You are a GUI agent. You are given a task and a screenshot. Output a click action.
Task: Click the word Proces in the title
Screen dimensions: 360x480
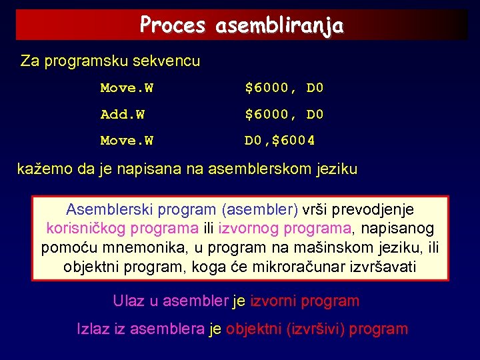(173, 25)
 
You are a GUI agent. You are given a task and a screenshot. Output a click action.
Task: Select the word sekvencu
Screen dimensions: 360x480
(167, 61)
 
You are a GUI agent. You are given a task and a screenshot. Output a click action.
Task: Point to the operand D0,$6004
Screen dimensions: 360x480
(280, 141)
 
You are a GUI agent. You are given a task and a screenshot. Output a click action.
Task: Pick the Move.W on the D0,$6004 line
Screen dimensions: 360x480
(127, 141)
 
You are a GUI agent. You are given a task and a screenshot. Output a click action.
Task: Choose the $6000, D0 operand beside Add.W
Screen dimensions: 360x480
(284, 115)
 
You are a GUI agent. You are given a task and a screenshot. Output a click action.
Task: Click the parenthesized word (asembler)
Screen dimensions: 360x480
(262, 209)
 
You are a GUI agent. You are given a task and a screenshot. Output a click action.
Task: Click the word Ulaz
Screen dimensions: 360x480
(128, 301)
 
